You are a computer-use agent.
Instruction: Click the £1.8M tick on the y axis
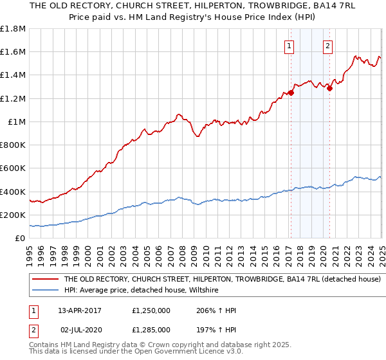tap(14, 29)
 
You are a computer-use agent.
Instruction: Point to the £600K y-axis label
tap(14, 168)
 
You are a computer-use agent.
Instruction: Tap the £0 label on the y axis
tap(20, 239)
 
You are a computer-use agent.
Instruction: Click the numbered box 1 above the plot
tap(289, 46)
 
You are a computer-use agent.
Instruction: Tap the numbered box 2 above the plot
tap(328, 46)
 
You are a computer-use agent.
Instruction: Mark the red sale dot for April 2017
tap(291, 93)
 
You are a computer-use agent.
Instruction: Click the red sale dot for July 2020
tap(329, 89)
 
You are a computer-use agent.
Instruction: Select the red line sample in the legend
tap(46, 280)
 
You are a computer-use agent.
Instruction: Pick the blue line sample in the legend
tap(46, 291)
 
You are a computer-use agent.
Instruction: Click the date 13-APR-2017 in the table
tap(80, 310)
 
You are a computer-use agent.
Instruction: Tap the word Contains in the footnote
tap(46, 346)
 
